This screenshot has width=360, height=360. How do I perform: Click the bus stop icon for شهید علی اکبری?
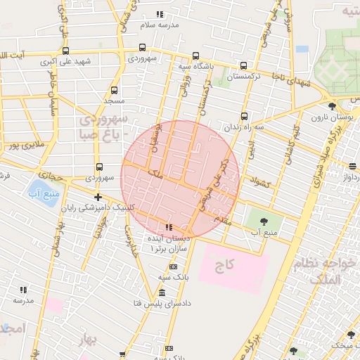pos(65,51)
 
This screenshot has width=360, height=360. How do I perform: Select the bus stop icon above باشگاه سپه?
pos(195,56)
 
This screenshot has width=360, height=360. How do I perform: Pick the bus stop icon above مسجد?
pos(115,90)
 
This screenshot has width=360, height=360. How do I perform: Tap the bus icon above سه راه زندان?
pos(244,116)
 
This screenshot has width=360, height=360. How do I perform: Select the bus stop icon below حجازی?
pos(99,167)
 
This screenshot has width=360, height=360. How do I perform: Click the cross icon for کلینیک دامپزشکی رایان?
pos(98,197)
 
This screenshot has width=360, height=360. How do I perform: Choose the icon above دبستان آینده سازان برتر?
pos(168,227)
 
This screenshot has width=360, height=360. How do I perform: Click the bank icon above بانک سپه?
pos(173,267)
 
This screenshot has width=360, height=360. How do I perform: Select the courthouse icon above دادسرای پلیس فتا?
pos(162,292)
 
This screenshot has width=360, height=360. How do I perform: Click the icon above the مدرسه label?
pos(23,289)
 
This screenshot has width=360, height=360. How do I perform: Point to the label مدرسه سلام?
pos(160,24)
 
